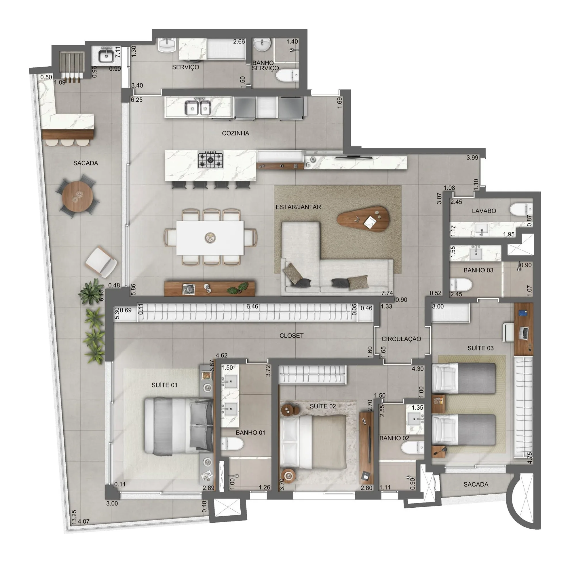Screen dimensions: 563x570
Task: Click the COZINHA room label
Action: [x=235, y=133]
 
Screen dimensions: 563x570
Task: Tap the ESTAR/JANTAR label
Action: [x=298, y=207]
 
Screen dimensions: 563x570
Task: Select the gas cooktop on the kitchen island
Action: [x=210, y=160]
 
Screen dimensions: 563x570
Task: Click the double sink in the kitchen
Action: [x=198, y=108]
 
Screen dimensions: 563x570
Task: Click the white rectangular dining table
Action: [x=210, y=238]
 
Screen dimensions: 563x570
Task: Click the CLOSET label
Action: [x=292, y=336]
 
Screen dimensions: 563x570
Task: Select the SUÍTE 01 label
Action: [x=164, y=385]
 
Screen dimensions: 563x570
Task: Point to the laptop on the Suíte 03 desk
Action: [x=525, y=333]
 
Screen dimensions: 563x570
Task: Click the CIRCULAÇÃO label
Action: [x=401, y=339]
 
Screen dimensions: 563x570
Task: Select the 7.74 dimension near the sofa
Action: [x=387, y=293]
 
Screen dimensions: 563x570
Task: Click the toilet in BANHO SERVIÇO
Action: [x=287, y=75]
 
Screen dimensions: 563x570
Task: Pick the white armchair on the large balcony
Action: [x=101, y=262]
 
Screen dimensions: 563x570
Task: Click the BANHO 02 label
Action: [x=394, y=438]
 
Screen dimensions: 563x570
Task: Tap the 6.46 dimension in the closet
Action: [x=252, y=307]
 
